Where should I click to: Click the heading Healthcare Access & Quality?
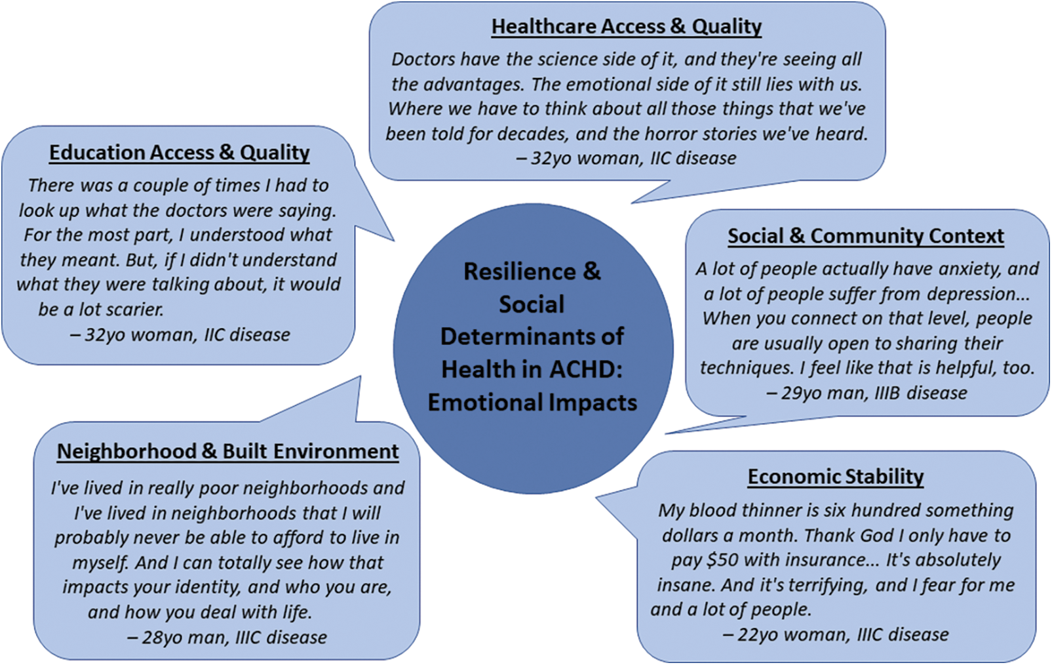[627, 26]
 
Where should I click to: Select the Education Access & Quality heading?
[180, 153]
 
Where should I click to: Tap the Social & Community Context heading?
[866, 236]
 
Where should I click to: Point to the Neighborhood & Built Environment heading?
[228, 451]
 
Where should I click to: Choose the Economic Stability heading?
[836, 477]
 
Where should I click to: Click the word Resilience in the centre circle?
[519, 272]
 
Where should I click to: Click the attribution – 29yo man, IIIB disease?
[867, 393]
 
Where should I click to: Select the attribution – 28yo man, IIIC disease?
[227, 637]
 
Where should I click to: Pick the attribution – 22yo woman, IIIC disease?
[836, 634]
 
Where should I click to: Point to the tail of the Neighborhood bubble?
[360, 377]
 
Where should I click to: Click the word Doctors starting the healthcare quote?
[423, 60]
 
